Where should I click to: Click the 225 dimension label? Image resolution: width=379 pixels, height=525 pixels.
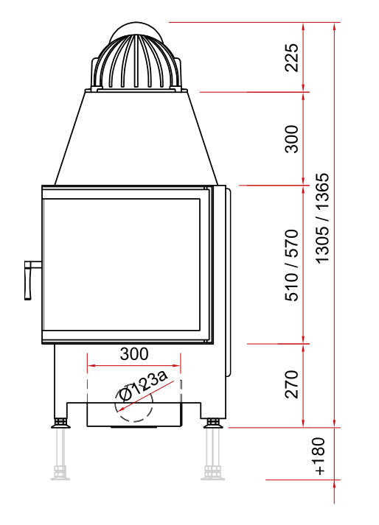coord(291,57)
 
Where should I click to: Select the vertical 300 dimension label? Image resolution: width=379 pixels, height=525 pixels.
coord(291,139)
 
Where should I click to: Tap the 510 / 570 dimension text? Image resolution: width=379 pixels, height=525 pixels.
coord(291,265)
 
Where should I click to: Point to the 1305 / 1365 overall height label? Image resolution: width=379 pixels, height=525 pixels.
coord(323,218)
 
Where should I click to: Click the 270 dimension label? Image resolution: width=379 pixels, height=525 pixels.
coord(291,384)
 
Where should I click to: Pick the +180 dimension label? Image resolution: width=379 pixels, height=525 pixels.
coord(319,456)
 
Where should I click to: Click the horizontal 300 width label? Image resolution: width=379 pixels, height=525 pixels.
coord(133,353)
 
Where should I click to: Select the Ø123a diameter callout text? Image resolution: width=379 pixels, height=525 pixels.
coord(144,385)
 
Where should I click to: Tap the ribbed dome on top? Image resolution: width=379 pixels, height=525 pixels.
coord(136,61)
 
